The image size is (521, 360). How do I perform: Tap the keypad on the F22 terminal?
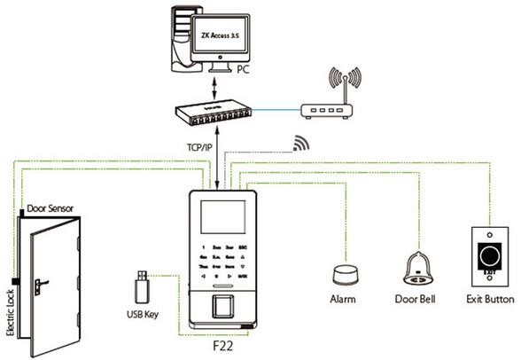pyautogui.click(x=222, y=257)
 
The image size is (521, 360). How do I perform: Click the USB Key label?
pyautogui.click(x=137, y=313)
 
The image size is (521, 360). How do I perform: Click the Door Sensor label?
pyautogui.click(x=51, y=209)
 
